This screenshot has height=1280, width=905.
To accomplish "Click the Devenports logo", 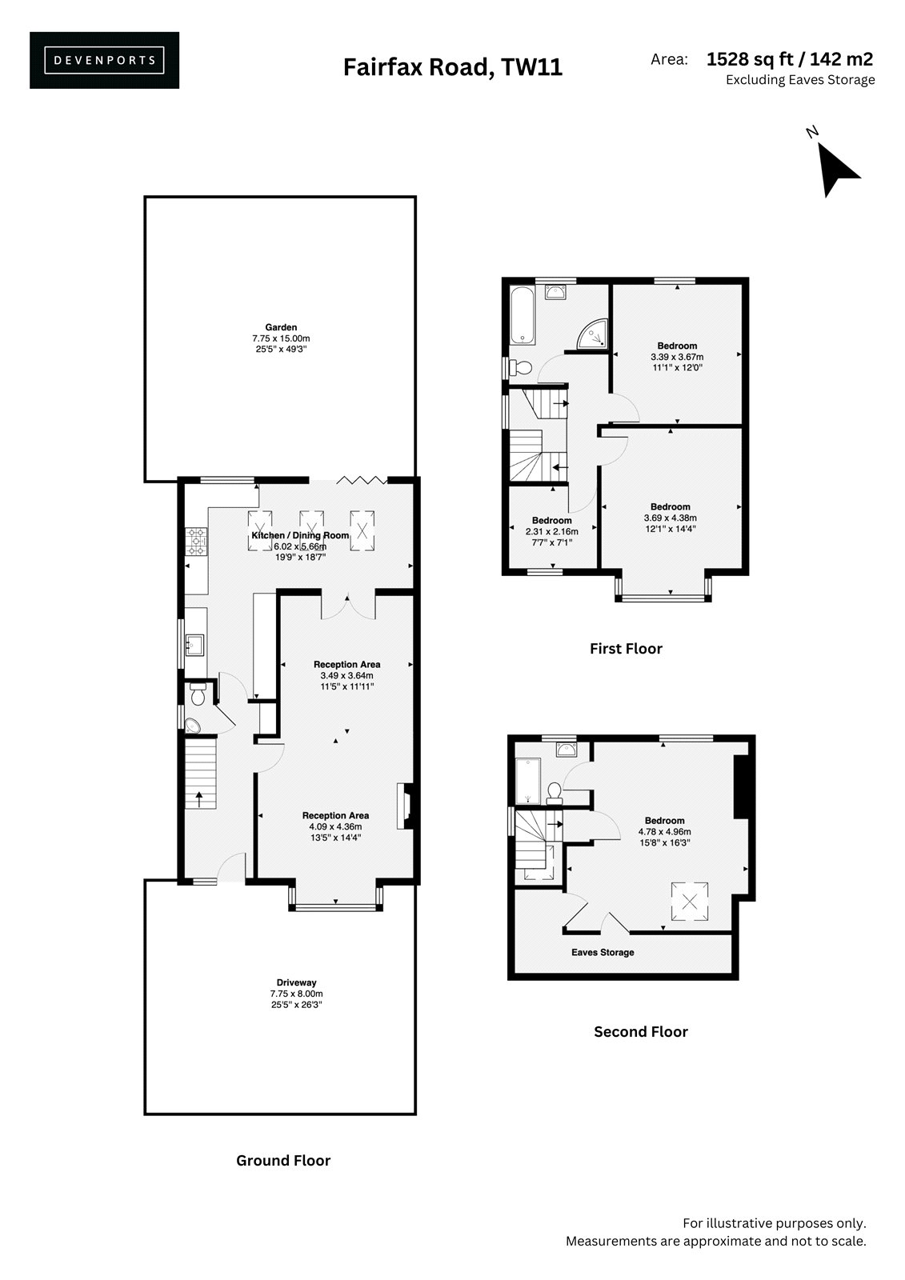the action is (x=104, y=60).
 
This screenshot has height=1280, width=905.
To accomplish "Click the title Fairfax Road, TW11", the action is (x=453, y=67).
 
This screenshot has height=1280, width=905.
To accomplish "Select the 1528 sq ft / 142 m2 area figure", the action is (x=790, y=59).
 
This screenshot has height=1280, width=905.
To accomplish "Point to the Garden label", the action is (x=281, y=327).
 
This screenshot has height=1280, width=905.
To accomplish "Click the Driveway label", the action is (x=296, y=982).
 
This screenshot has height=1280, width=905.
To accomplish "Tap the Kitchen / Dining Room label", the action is (x=300, y=535).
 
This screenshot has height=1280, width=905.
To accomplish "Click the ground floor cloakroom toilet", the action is (x=198, y=694).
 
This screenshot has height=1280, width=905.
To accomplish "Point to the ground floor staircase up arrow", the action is (x=199, y=798).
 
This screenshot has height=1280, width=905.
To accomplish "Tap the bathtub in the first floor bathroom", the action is (x=522, y=315).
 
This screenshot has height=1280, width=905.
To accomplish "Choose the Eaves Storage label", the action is (x=603, y=952).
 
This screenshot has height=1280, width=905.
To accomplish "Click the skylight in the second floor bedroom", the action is (x=690, y=902).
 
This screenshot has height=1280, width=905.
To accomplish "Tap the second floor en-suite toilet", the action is (x=554, y=793).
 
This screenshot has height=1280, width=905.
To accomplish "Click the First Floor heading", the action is (x=626, y=649).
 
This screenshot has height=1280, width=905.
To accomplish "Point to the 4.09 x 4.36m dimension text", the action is (x=335, y=826).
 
